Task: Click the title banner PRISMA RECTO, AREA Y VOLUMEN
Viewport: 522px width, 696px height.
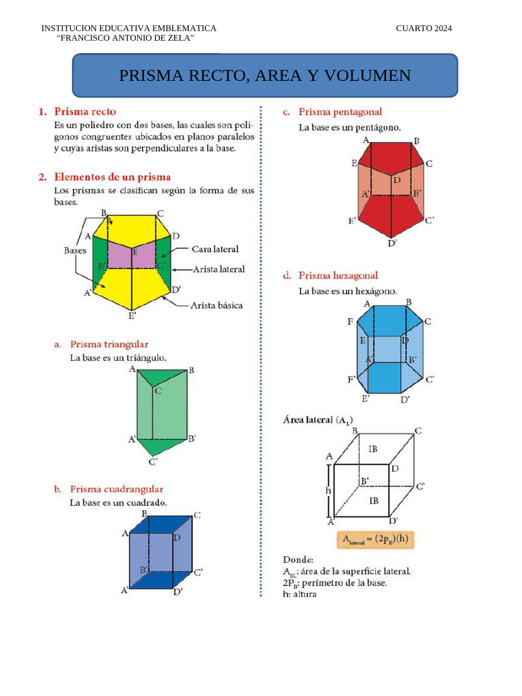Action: pyautogui.click(x=265, y=75)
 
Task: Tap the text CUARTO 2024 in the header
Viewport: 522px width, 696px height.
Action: pyautogui.click(x=423, y=28)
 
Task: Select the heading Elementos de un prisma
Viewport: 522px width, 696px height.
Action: pyautogui.click(x=112, y=177)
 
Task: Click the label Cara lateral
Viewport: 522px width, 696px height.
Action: pyautogui.click(x=215, y=249)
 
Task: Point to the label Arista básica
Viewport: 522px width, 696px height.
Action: pyautogui.click(x=216, y=306)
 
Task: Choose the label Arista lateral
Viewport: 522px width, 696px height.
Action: pyautogui.click(x=219, y=269)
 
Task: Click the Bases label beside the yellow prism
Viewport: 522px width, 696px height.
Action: pyautogui.click(x=75, y=250)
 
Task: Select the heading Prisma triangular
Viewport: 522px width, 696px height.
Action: pyautogui.click(x=109, y=345)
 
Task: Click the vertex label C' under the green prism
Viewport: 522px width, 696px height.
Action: pyautogui.click(x=153, y=462)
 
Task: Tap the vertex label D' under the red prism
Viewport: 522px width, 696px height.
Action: pyautogui.click(x=392, y=243)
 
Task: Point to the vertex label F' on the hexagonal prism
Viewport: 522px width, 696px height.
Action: pyautogui.click(x=351, y=379)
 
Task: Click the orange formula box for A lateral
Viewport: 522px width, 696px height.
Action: pyautogui.click(x=375, y=540)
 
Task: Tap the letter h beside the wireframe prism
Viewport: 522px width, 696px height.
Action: pyautogui.click(x=328, y=490)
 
